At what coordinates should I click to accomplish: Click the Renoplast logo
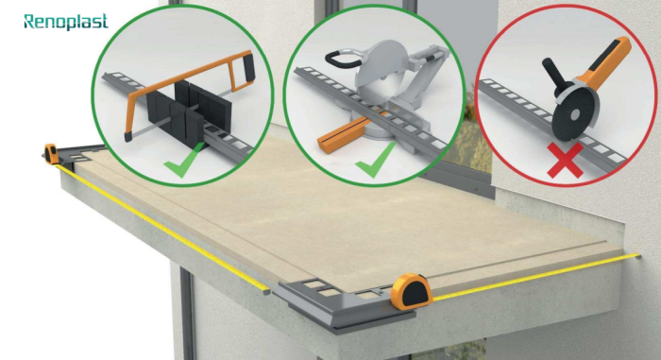(x=66, y=22)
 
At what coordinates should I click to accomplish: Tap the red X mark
(x=565, y=160)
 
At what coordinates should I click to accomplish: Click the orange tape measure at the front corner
(x=411, y=290)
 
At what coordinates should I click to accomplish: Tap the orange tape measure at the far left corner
(x=51, y=154)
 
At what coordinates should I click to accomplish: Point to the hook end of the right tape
(x=637, y=255)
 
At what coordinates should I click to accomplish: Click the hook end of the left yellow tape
(x=265, y=291)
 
